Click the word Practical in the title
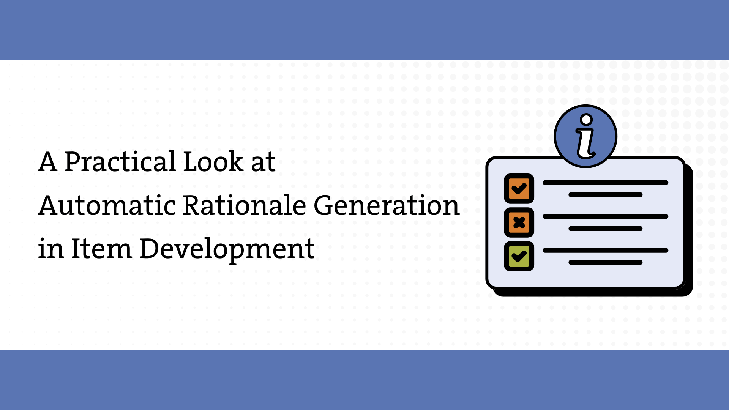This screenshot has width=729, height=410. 120,162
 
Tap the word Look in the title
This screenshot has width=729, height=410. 213,162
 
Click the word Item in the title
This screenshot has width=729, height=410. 101,249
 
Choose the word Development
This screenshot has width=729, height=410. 227,250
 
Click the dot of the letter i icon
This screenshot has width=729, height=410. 587,120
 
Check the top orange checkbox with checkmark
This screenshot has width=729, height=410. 519,189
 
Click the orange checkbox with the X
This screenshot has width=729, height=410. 519,222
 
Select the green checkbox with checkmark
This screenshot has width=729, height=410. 519,256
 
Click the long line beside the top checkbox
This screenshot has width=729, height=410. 605,183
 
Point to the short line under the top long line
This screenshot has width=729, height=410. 605,195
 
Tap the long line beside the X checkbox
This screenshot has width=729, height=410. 605,216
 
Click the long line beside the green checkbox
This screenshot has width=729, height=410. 605,250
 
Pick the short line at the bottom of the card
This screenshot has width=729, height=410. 605,262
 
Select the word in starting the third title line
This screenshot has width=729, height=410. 51,249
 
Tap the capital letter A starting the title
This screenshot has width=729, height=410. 48,162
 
